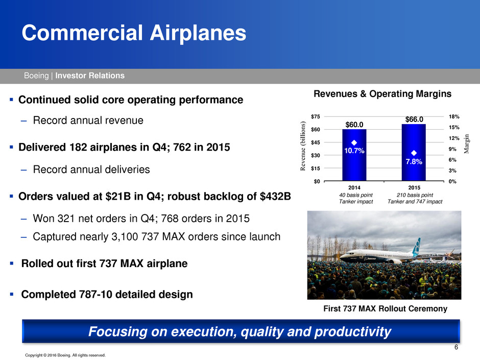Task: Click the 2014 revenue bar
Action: (x=354, y=155)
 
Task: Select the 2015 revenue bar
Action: (x=414, y=153)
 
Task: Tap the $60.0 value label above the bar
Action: (x=354, y=125)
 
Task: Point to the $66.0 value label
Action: (x=414, y=119)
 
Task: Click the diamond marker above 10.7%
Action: (x=354, y=142)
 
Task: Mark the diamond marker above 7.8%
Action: (x=414, y=153)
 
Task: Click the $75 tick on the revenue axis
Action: (x=315, y=116)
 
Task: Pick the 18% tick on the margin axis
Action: (x=454, y=116)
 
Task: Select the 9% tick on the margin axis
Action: (x=452, y=149)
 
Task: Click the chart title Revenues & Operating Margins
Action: (x=382, y=93)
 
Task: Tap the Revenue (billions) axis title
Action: (x=303, y=146)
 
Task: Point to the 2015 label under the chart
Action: (x=414, y=187)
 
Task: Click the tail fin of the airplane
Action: (x=416, y=247)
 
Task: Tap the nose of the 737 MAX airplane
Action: (x=341, y=257)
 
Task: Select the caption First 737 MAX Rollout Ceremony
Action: (x=385, y=308)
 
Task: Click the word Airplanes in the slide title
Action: (x=198, y=33)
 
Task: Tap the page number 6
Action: (x=456, y=347)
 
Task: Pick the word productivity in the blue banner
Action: (x=353, y=332)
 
